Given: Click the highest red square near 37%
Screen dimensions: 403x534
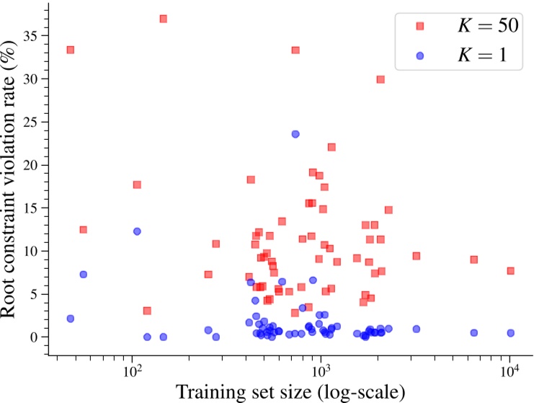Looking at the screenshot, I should click(164, 19).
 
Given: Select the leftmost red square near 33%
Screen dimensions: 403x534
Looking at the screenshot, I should click(71, 50).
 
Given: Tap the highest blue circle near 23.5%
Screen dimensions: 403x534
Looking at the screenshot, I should click(295, 134).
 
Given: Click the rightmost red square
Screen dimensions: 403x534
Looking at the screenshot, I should click(510, 271).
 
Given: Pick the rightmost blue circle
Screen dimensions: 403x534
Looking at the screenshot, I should click(510, 333).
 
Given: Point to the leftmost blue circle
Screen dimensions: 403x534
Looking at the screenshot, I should click(71, 319).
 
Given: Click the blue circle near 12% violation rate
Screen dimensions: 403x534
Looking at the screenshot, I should click(137, 231).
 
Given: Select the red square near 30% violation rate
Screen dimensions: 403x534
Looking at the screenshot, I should click(381, 79).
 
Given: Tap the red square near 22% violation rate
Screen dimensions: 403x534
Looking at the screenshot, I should click(331, 147).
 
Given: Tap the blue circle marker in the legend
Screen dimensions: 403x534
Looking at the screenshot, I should click(419, 57).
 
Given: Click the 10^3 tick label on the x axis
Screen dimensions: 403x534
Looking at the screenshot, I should click(321, 372).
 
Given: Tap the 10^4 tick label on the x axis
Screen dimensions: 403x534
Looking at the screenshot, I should click(510, 372).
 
